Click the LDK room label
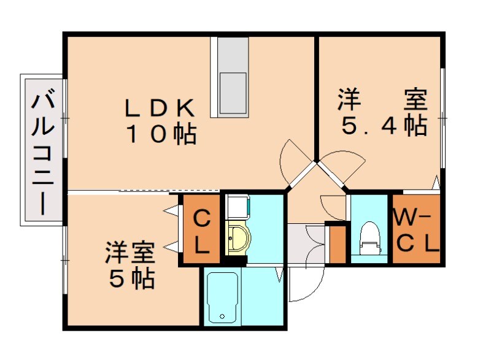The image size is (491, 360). point(160,109)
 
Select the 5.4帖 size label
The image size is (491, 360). point(384,126)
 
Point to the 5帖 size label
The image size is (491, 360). point(131,279)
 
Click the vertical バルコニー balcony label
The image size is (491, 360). point(42,151)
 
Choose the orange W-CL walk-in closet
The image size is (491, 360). point(417,229)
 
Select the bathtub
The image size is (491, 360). point(222,297)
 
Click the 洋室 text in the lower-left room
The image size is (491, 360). point(130,252)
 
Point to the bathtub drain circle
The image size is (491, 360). point(222,317)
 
